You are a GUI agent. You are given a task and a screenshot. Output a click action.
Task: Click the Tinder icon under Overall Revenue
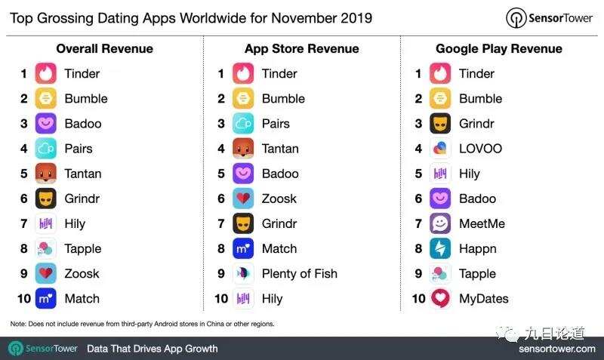tap(46, 74)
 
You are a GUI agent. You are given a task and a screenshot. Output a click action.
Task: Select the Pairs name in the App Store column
tap(276, 124)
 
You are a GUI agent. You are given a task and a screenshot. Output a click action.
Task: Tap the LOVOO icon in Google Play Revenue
tap(440, 149)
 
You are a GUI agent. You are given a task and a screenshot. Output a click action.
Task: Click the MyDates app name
tap(483, 299)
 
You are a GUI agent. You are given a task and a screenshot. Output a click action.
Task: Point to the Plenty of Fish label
tap(299, 274)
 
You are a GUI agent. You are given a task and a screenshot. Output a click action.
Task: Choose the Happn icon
tap(440, 248)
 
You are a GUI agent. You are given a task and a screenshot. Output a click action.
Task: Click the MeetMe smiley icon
tap(440, 223)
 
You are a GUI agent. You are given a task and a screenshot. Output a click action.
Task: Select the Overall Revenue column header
tap(104, 49)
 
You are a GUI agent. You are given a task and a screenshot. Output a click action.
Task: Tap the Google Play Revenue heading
tap(498, 49)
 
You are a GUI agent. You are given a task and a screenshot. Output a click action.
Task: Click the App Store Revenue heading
tap(301, 49)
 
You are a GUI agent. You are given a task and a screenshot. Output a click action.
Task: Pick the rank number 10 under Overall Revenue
tap(23, 299)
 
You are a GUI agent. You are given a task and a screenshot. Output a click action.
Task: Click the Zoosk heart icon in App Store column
tap(243, 198)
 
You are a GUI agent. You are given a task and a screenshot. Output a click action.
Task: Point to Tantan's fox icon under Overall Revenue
tap(46, 174)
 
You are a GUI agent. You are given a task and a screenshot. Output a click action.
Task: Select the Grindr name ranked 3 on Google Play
tap(476, 124)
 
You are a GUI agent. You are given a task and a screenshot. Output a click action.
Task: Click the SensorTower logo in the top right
tap(550, 18)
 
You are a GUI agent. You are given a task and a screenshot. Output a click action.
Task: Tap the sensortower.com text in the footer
tap(556, 349)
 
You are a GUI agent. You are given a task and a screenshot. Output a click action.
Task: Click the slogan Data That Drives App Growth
tap(153, 349)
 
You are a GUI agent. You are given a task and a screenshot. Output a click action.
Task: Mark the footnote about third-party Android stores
tap(142, 324)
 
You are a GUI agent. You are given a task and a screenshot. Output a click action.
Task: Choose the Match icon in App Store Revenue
tap(243, 248)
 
